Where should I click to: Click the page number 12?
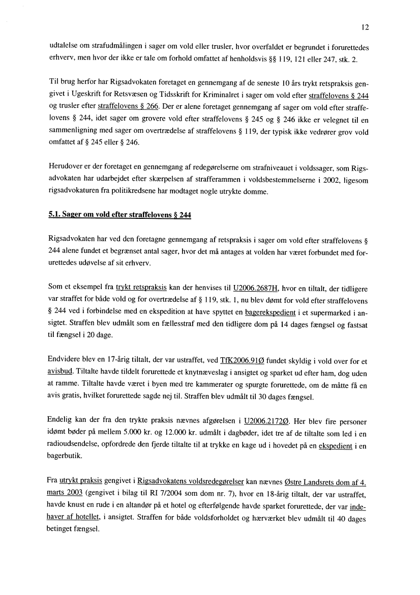coord(365,27)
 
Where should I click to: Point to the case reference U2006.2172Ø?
coord(267,422)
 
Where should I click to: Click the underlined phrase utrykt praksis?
coord(81,480)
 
